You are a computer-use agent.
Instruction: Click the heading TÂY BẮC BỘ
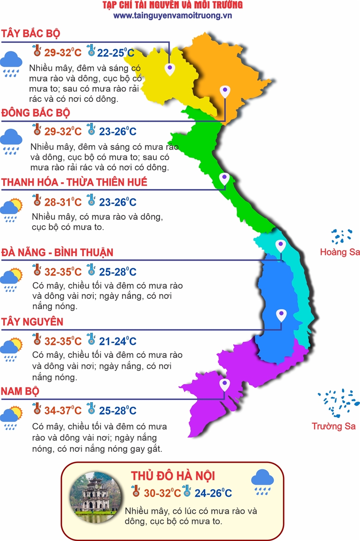pos(31,34)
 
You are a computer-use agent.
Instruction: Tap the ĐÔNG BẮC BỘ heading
pos(36,112)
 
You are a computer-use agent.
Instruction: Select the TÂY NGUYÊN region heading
pos(32,322)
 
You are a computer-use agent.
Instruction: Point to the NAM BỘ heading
pos(20,391)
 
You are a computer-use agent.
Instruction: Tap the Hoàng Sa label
pos(340,252)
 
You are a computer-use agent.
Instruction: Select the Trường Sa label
pos(334,426)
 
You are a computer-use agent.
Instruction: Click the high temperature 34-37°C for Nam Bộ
pos(63,411)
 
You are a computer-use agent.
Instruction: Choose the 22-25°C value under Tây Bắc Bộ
pos(115,53)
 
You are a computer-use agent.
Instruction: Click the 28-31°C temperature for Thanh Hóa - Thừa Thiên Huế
pos(63,202)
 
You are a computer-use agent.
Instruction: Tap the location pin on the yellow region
pos(170,69)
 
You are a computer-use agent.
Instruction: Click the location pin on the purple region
pos(224,385)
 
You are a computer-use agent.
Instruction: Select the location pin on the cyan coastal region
pos(281,246)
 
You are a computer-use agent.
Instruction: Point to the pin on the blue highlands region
pos(281,314)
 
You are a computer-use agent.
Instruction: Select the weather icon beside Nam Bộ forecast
pos(11,417)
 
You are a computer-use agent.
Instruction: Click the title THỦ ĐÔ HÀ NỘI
pos(173,476)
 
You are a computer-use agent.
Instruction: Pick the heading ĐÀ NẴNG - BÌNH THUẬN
pos(57,252)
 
